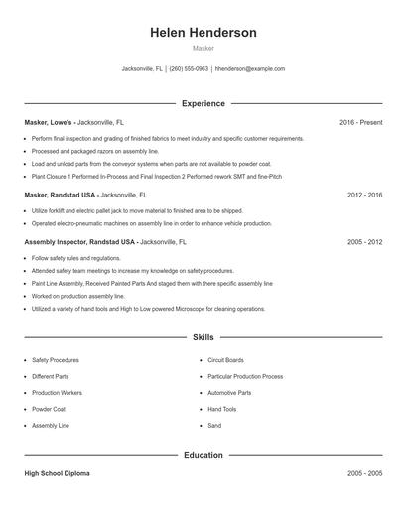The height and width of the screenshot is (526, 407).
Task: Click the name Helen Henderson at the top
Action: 203,33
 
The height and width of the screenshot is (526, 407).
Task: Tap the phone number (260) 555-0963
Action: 189,69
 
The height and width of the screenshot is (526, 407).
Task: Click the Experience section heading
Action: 203,103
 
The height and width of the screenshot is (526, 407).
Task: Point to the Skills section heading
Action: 203,338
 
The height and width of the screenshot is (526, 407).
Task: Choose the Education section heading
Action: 203,456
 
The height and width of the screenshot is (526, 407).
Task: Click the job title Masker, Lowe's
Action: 48,122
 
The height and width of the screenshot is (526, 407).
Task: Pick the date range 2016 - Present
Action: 360,122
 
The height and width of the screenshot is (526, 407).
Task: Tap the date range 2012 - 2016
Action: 364,196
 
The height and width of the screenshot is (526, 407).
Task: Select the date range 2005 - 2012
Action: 364,241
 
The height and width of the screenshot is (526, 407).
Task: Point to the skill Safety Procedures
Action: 56,360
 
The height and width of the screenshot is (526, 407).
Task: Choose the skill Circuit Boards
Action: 225,360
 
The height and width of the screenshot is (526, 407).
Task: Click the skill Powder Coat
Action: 49,409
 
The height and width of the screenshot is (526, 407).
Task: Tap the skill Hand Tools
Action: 222,409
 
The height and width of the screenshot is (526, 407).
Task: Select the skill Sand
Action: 214,425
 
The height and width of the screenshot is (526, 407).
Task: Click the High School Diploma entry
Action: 57,474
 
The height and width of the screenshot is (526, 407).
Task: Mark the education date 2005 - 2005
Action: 364,474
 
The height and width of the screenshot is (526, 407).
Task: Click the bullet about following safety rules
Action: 76,258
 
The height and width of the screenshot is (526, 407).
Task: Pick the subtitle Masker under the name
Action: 203,48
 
